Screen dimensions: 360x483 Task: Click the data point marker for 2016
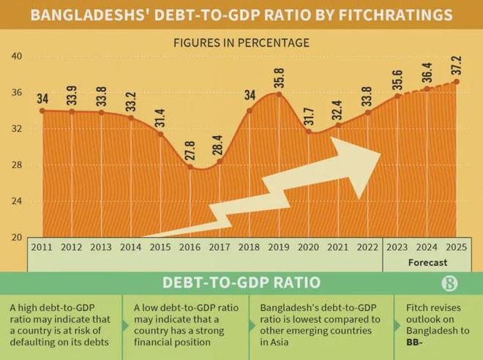pyautogui.click(x=190, y=168)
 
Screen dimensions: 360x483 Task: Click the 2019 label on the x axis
pyautogui.click(x=279, y=247)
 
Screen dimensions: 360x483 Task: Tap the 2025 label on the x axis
pyautogui.click(x=457, y=247)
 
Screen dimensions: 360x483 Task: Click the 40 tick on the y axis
pyautogui.click(x=17, y=56)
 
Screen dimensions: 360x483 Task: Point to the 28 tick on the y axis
pyautogui.click(x=17, y=165)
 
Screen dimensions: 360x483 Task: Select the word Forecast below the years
pyautogui.click(x=427, y=262)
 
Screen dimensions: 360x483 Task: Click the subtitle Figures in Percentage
pyautogui.click(x=241, y=42)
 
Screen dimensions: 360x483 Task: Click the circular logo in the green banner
pyautogui.click(x=451, y=283)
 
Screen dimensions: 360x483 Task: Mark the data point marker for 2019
pyautogui.click(x=279, y=94)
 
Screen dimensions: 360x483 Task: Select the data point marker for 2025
pyautogui.click(x=457, y=81)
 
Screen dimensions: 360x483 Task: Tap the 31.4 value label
pyautogui.click(x=161, y=117)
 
